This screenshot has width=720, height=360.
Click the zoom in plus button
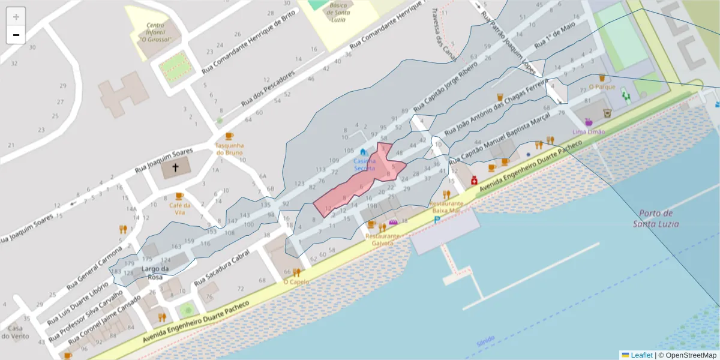16,16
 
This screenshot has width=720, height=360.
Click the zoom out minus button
16,35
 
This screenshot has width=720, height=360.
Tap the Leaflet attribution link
641,355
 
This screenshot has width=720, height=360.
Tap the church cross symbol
176,168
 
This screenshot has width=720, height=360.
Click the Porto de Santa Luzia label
656,218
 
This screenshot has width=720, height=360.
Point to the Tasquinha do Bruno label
229,149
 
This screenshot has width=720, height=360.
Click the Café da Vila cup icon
179,196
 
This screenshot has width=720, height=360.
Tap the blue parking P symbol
437,220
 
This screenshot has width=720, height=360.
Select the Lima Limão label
589,131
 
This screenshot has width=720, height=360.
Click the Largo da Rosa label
155,273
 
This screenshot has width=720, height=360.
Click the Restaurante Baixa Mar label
445,207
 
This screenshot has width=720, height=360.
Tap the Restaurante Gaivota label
382,239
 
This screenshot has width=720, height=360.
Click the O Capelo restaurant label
296,281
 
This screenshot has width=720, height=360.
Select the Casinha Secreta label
364,164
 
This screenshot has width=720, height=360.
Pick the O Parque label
602,86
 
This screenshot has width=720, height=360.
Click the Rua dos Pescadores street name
268,89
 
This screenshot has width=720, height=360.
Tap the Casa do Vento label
15,332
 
